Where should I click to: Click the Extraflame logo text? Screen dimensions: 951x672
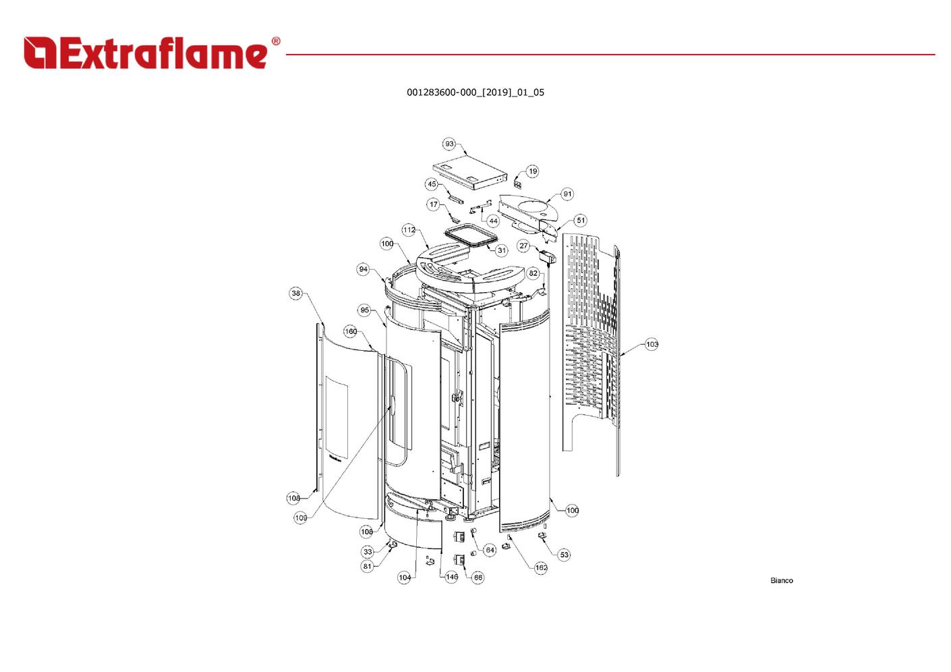146,53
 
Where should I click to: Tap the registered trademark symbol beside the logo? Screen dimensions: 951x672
276,41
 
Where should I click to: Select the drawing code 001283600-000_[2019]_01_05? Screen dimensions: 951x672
475,92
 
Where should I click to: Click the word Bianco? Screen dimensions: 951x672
782,580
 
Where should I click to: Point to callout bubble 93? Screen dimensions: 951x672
449,144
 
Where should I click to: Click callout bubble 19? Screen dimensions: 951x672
533,171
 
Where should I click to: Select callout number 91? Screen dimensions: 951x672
568,194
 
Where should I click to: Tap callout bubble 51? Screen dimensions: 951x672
580,220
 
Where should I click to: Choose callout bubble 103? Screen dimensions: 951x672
652,344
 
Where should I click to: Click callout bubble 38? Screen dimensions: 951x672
296,293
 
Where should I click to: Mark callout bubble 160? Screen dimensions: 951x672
351,331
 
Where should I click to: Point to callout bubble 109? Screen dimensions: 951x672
301,517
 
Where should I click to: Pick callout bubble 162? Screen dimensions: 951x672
541,567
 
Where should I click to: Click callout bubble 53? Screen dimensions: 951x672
564,555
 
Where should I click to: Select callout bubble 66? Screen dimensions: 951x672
478,578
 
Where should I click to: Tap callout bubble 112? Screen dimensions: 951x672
409,230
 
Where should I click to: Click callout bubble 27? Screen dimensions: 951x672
523,246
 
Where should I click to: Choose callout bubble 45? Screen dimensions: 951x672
432,184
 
